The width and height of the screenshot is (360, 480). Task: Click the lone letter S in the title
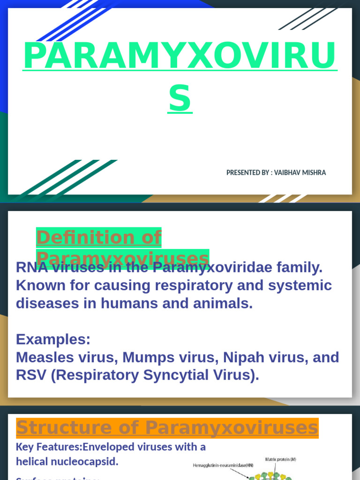(x=180, y=99)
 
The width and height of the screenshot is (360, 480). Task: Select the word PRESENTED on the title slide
(x=242, y=172)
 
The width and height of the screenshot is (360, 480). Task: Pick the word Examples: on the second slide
(x=53, y=339)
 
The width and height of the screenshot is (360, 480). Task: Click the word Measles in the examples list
(x=44, y=357)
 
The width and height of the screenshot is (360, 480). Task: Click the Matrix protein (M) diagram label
(x=280, y=459)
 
